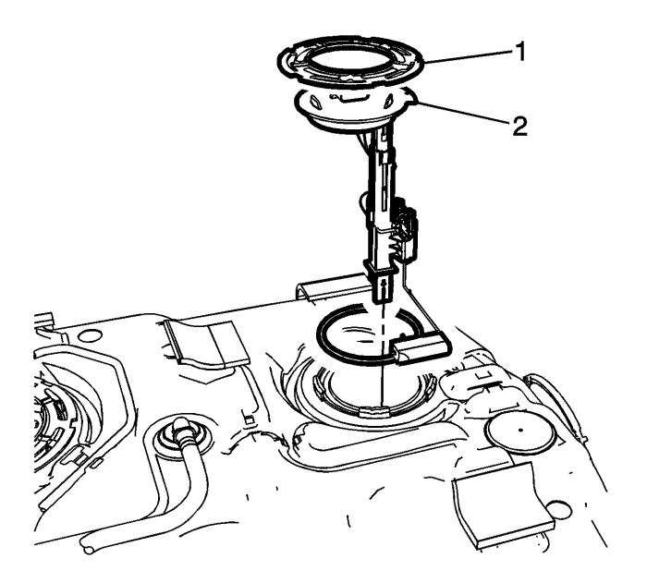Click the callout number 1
pyautogui.click(x=519, y=53)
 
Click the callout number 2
pyautogui.click(x=519, y=127)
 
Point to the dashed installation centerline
pyautogui.click(x=384, y=351)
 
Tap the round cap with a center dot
pyautogui.click(x=519, y=431)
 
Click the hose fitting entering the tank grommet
pyautogui.click(x=180, y=433)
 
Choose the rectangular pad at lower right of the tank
pyautogui.click(x=503, y=505)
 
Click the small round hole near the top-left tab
pyautogui.click(x=90, y=334)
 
